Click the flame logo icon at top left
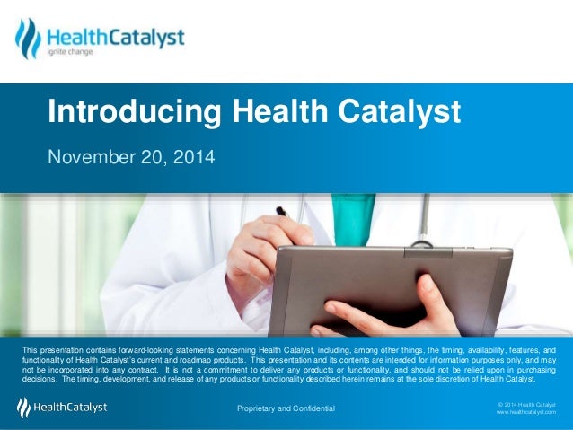(x=28, y=38)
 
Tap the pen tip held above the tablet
(x=281, y=212)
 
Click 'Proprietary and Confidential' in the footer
(x=286, y=409)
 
